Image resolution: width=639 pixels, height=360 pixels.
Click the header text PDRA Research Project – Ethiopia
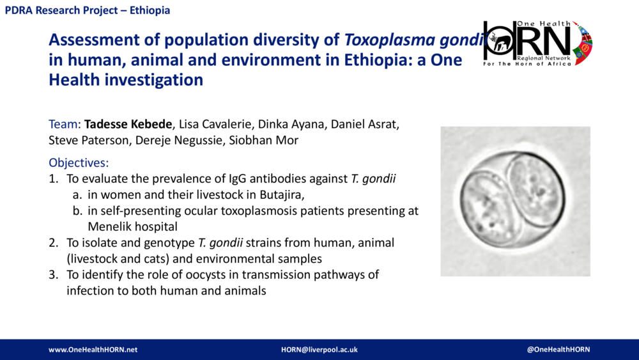click(88, 11)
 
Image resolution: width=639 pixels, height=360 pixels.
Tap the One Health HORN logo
click(537, 42)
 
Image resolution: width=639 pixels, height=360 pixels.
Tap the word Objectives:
click(79, 162)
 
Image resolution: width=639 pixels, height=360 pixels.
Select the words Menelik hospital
click(132, 226)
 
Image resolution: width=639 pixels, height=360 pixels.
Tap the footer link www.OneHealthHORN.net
click(93, 350)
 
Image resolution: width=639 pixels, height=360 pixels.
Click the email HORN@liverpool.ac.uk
click(319, 350)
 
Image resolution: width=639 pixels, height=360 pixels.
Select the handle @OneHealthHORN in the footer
click(558, 349)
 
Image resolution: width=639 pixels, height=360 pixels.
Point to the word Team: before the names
click(65, 123)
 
